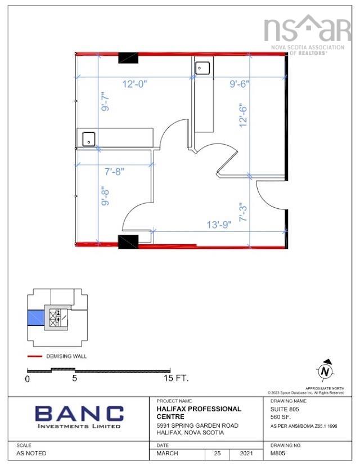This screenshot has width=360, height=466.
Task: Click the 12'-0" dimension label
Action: coord(135,84)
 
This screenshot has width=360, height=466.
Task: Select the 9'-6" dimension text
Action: coord(240,84)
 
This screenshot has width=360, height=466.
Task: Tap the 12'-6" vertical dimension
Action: coord(243,114)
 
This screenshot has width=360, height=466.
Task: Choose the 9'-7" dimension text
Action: coord(105,102)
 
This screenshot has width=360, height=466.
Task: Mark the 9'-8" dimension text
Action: coord(105,195)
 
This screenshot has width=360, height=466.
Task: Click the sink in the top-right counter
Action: coord(202,68)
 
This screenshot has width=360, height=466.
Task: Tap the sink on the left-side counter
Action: coord(88,138)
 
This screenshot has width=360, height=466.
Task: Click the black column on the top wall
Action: coord(128,57)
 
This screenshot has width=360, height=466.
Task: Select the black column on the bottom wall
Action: coord(128,242)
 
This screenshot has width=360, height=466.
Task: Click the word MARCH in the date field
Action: coord(168,453)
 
